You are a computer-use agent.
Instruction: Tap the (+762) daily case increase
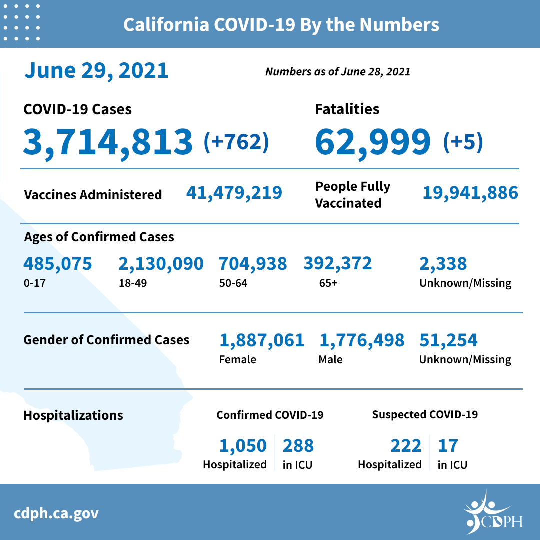tap(236, 142)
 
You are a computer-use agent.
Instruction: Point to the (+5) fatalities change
tap(463, 142)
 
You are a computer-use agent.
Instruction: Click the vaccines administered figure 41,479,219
tap(234, 192)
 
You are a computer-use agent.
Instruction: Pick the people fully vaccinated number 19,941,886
tap(470, 192)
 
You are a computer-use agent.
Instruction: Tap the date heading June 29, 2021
tap(96, 70)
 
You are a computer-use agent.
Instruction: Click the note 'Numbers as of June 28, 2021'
tap(338, 72)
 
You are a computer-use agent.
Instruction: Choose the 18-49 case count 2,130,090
tap(161, 263)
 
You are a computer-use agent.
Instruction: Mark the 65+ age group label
tap(328, 283)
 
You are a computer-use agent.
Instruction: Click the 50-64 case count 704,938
tap(253, 263)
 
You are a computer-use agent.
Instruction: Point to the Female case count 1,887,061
tap(262, 340)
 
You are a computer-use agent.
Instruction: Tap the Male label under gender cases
tap(330, 359)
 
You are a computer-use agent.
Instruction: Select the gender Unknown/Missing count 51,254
tap(448, 340)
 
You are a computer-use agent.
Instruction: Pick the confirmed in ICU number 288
tap(298, 445)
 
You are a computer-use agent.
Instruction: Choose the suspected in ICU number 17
tap(448, 445)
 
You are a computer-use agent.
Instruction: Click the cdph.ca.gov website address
tap(56, 513)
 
